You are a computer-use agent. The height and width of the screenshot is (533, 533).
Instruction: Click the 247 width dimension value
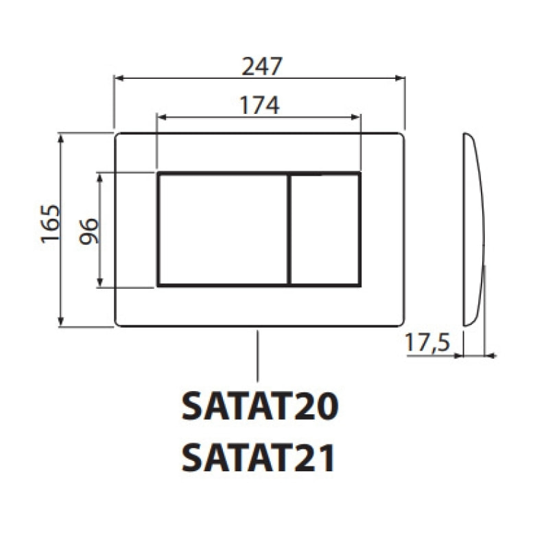coord(262,67)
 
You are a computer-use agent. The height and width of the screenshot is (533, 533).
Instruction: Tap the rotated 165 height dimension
coord(50,224)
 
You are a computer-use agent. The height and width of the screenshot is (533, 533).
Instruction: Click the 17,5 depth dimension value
coord(426,342)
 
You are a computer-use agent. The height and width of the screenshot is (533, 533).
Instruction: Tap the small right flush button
coord(325,229)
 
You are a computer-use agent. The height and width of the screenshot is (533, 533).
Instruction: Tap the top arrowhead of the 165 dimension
coord(62,137)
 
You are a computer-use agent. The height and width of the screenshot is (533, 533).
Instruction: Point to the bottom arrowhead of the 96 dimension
coord(101,283)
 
